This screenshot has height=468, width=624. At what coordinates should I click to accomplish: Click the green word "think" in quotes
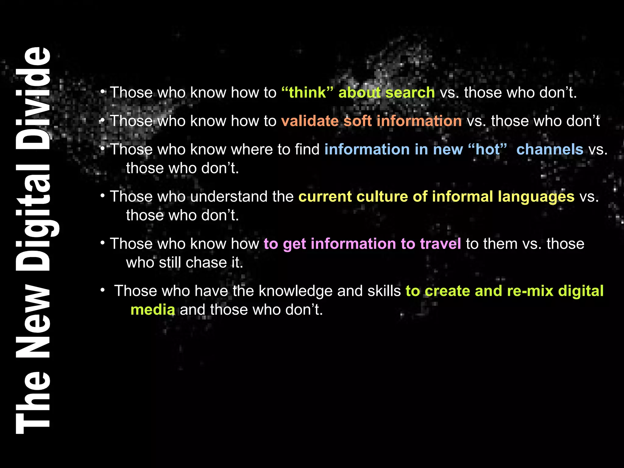pos(307,92)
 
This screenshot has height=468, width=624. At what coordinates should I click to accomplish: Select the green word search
pos(410,92)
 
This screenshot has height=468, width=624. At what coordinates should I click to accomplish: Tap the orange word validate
pos(310,121)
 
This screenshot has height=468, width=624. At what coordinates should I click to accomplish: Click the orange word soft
pos(357,121)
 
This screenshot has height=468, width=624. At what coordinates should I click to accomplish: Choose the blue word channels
pos(550,149)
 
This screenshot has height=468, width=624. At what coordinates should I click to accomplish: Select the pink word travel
pos(440,244)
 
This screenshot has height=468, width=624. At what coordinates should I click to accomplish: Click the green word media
pos(153,310)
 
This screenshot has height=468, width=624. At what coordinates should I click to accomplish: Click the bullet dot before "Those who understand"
pos(103,195)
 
